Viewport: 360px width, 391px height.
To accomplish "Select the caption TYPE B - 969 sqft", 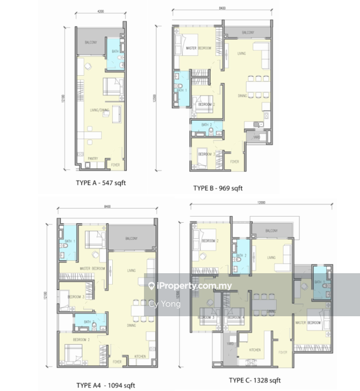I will point(218,188).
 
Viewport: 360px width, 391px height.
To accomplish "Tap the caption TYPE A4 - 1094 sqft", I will point(105,385).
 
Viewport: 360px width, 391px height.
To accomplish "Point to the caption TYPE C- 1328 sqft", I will point(255,380).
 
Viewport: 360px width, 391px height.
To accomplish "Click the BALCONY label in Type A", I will point(91,42).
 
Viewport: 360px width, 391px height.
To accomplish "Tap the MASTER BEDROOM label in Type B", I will point(198,48).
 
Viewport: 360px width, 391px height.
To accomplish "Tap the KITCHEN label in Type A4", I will point(140,356).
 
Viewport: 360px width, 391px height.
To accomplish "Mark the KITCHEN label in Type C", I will point(255,350).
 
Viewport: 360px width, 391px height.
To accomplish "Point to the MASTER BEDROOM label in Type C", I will point(308,322).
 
